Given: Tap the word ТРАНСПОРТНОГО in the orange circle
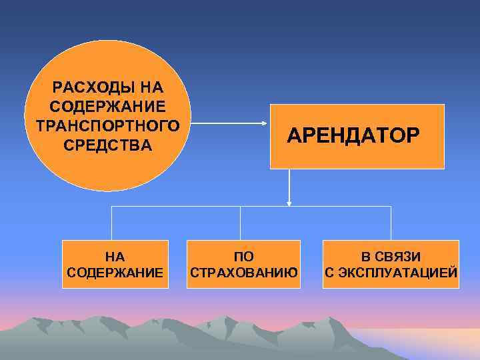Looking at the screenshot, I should [108, 125].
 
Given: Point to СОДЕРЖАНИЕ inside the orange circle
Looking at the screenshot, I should [108, 107].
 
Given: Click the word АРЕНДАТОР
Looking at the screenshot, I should [353, 135].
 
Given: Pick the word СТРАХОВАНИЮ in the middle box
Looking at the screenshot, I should [243, 273].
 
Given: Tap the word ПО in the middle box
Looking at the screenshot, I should [243, 256].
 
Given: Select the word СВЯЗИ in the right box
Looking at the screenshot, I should [401, 256].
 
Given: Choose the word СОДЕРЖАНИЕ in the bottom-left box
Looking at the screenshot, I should [115, 273].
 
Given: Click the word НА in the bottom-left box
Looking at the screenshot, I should [115, 256].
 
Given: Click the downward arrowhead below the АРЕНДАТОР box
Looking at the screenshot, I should [289, 201].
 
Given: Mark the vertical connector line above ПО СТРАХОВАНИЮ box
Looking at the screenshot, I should [240, 223].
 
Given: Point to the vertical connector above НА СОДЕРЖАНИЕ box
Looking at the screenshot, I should [112, 223].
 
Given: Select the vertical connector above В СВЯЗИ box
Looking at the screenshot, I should [391, 223].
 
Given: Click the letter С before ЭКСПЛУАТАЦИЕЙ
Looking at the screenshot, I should [329, 273].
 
